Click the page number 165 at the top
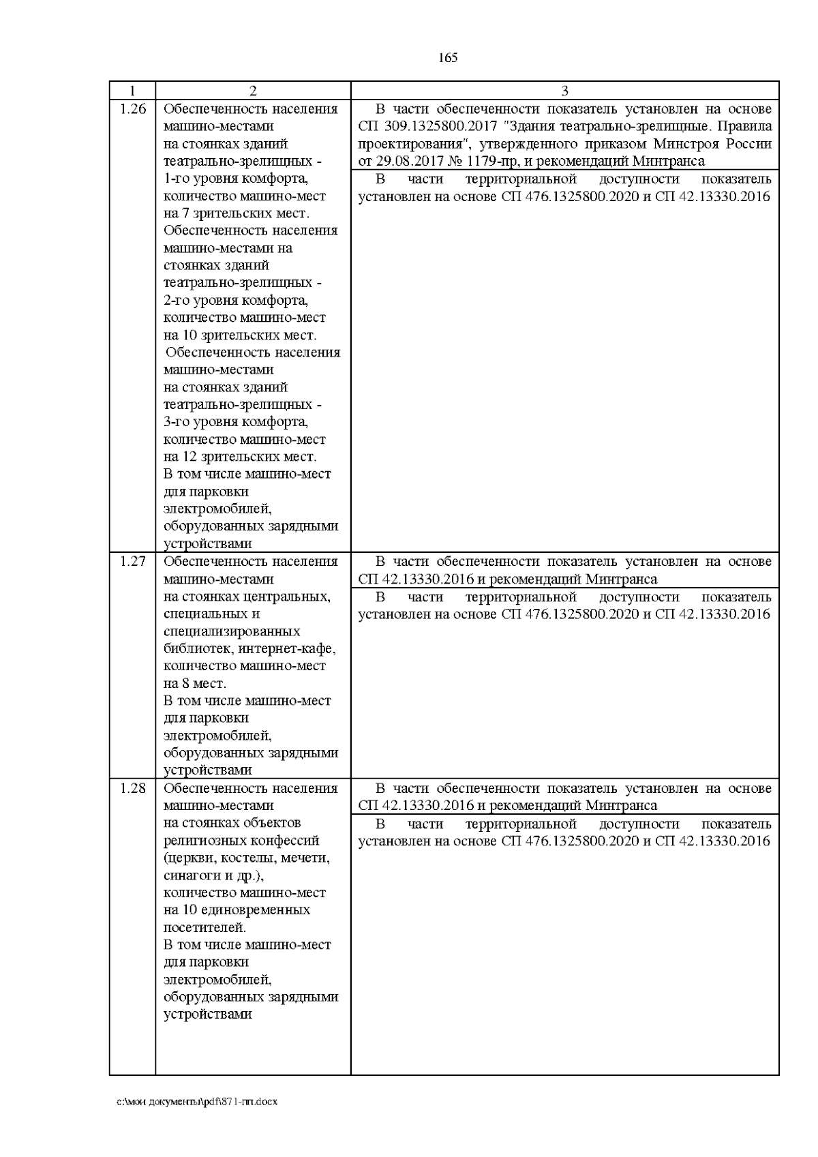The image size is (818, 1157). click(x=448, y=58)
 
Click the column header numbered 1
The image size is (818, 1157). click(x=132, y=91)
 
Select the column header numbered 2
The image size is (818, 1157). click(x=252, y=91)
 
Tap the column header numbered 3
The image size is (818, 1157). click(x=564, y=91)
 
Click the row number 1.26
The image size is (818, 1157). click(x=132, y=109)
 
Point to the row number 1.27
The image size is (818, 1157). click(x=132, y=561)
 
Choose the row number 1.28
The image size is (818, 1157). click(x=132, y=788)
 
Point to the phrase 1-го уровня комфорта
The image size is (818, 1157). click(x=236, y=179)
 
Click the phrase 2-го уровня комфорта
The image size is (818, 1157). click(x=236, y=301)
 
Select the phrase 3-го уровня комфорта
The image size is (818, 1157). click(x=236, y=422)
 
